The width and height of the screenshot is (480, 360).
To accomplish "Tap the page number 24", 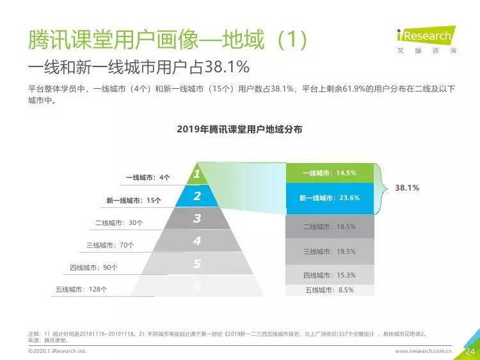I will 469,351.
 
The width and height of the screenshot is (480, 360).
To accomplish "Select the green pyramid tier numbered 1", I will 197,174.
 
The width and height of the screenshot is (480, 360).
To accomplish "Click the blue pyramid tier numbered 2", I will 197,196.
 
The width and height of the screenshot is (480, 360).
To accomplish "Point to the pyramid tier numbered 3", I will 197,219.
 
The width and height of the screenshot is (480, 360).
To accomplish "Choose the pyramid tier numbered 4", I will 197,241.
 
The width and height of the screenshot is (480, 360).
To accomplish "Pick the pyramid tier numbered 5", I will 197,264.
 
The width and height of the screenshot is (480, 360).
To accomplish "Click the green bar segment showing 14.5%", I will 329,173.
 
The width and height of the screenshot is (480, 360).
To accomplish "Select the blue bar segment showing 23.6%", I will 329,198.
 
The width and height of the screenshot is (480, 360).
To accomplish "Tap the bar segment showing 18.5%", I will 329,226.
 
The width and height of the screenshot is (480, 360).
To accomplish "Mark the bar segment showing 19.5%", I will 329,251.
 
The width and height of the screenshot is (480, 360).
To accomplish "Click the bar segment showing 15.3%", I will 329,275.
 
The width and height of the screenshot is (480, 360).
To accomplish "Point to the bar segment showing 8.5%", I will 329,290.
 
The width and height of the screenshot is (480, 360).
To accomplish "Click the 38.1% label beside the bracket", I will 407,188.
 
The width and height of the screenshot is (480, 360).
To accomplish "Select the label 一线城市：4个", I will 148,177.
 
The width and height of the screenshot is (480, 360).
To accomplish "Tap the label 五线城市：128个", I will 81,290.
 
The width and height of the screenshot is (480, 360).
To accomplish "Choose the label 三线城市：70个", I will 110,245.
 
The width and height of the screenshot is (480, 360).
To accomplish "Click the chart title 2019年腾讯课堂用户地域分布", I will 239,129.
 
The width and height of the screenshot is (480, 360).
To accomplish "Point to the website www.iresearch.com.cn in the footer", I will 423,351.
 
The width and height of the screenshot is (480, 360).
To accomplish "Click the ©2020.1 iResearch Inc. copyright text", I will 58,351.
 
